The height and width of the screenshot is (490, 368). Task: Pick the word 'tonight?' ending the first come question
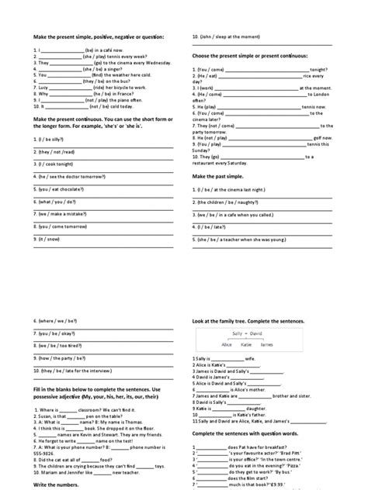pyautogui.click(x=320, y=68)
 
